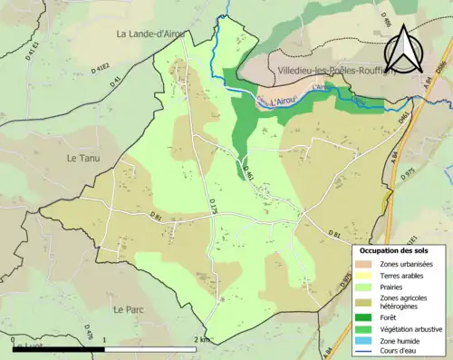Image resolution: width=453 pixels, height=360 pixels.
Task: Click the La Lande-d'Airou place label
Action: pyautogui.click(x=150, y=34)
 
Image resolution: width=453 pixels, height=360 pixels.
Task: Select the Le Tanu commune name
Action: pyautogui.click(x=82, y=158)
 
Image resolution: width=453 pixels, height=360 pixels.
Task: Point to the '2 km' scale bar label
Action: pyautogui.click(x=200, y=340)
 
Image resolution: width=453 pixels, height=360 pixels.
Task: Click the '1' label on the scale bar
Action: pyautogui.click(x=105, y=340)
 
